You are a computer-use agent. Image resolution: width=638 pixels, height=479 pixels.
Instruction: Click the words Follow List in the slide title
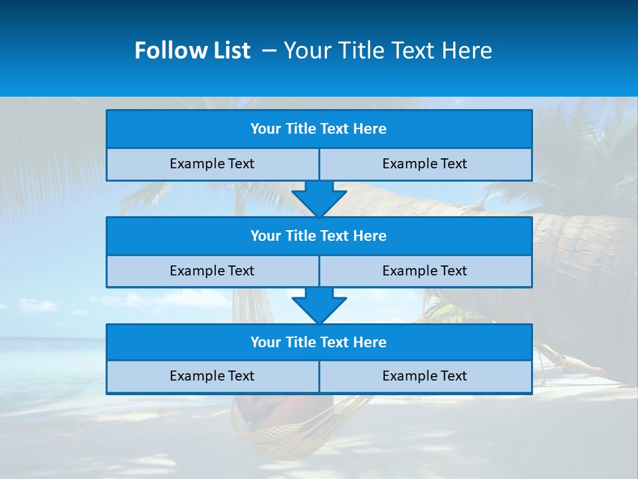[x=192, y=51]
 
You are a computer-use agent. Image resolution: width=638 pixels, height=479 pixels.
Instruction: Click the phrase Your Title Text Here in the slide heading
[x=387, y=51]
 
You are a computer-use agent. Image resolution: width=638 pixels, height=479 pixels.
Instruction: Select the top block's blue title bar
[x=319, y=129]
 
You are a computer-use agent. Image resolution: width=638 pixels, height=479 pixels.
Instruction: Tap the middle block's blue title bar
[x=319, y=236]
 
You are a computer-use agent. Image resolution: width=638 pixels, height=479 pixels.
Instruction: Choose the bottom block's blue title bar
[x=319, y=343]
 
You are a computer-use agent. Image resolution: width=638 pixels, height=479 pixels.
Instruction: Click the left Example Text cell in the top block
[x=212, y=164]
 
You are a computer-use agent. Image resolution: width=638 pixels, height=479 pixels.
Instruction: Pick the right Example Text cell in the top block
[x=425, y=164]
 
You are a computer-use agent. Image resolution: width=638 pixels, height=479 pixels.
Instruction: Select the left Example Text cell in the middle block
[x=212, y=271]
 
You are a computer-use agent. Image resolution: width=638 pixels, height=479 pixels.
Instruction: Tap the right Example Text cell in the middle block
[x=425, y=271]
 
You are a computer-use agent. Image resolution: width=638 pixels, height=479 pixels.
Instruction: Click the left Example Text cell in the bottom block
[x=212, y=377]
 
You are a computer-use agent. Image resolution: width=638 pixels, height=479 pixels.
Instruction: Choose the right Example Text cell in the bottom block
[x=425, y=377]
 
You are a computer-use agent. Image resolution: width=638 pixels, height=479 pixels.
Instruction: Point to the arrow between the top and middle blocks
[x=319, y=198]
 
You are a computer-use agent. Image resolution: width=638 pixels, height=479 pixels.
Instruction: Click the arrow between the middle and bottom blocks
[x=319, y=305]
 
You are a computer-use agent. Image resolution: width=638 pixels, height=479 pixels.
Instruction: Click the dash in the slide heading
[x=269, y=51]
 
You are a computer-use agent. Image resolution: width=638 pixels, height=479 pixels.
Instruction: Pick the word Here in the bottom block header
[x=370, y=343]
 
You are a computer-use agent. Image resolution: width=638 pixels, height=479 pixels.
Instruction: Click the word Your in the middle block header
[x=266, y=236]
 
